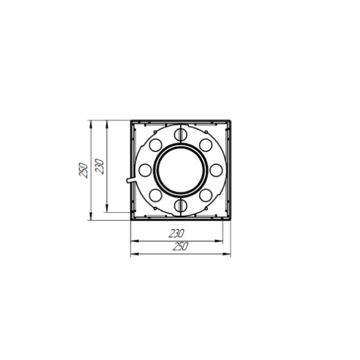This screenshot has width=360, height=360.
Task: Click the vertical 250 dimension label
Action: (83, 170)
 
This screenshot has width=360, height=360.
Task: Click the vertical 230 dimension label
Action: (100, 166)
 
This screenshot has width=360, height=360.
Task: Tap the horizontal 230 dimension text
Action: (177, 233)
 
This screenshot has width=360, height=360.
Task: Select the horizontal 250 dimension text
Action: (181, 246)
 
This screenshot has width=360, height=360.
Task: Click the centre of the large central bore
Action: (181, 170)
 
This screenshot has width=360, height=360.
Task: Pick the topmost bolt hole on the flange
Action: (181, 135)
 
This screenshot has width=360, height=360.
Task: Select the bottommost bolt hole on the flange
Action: (181, 205)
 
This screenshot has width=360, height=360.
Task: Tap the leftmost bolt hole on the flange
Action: (145, 170)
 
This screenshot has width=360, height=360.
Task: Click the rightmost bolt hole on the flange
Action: (216, 170)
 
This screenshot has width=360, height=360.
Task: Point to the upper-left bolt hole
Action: (155, 145)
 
